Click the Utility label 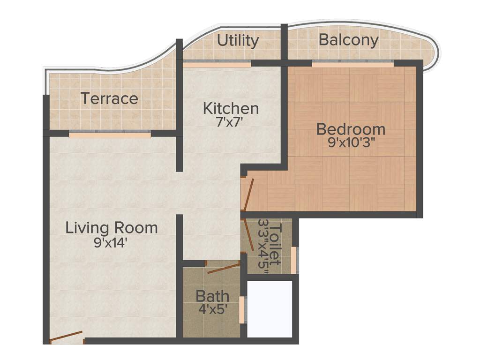coord(238,41)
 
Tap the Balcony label coord(348,40)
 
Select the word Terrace coord(109,99)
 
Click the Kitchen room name coord(231,108)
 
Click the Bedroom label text coord(351,128)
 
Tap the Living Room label coord(111,228)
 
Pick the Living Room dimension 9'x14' coord(111,243)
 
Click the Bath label coord(212,296)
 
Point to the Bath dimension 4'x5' coord(212,309)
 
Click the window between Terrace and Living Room coord(110,135)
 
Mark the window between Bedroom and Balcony coord(352,65)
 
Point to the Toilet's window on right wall coord(294,260)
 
